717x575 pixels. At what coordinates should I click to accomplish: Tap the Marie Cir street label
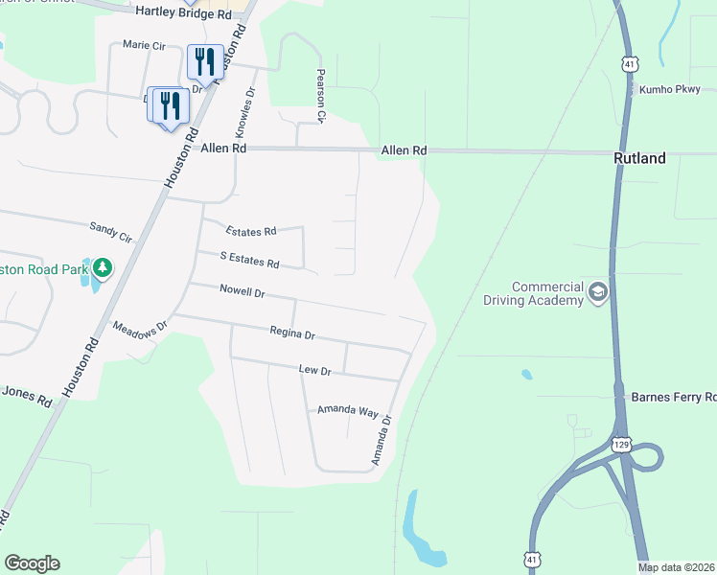click(x=144, y=45)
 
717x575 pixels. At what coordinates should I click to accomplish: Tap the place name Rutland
click(x=639, y=159)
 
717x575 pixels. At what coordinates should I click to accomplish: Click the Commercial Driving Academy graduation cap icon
click(x=598, y=291)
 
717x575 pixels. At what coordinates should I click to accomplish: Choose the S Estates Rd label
click(x=249, y=260)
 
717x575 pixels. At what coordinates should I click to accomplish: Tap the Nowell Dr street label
click(x=242, y=289)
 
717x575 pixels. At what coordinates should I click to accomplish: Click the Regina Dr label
click(x=292, y=334)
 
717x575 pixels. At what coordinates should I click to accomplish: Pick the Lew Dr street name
click(x=314, y=370)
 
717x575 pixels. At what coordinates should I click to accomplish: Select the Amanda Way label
click(x=348, y=410)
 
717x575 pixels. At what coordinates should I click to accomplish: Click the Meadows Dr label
click(x=140, y=327)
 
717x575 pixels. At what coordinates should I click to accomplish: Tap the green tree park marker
click(x=100, y=267)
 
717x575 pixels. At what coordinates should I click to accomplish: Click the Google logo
click(x=32, y=563)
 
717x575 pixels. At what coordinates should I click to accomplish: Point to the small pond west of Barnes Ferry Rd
click(x=526, y=374)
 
